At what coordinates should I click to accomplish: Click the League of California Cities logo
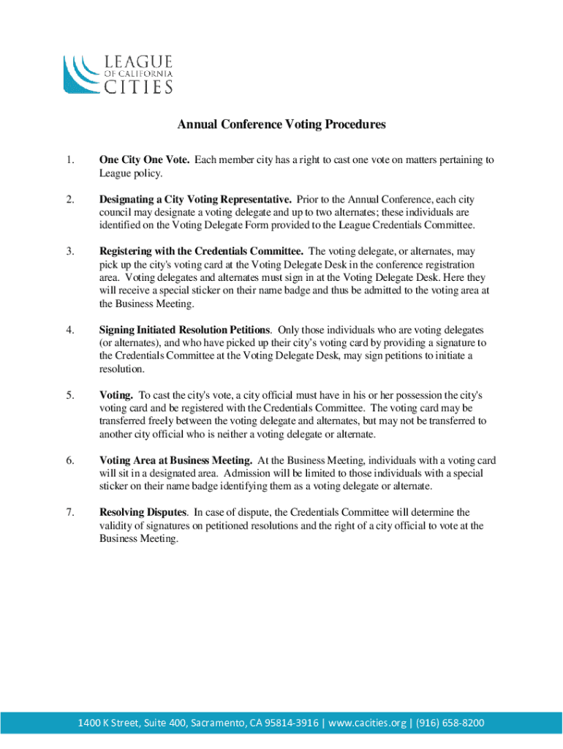point(118,74)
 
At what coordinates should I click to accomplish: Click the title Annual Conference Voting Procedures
point(281,125)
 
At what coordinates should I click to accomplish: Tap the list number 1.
point(69,160)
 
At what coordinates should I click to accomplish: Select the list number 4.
point(69,331)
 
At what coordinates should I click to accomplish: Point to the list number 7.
point(69,513)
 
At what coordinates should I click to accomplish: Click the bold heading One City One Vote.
point(145,160)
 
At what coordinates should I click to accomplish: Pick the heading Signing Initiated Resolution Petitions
point(185,331)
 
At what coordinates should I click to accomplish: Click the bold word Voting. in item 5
point(116,395)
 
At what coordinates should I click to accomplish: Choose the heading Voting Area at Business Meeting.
point(176,461)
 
